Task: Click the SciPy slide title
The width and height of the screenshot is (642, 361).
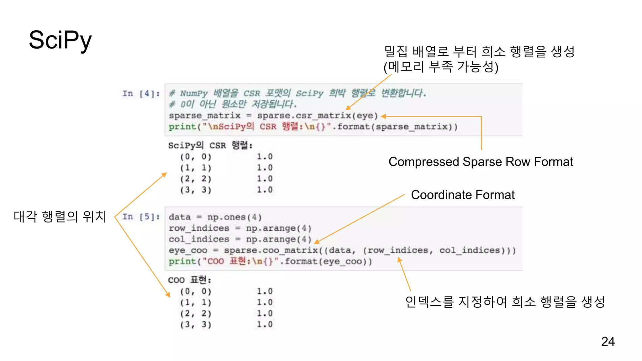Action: tap(60, 40)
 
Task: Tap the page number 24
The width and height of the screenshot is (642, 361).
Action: tap(608, 341)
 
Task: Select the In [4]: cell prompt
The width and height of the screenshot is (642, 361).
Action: tap(141, 93)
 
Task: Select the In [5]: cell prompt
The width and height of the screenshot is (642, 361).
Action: tap(141, 217)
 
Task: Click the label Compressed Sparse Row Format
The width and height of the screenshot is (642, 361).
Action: tap(481, 162)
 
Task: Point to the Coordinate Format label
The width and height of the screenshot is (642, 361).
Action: tap(463, 195)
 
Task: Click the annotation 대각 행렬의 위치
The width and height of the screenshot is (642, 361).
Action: tap(60, 216)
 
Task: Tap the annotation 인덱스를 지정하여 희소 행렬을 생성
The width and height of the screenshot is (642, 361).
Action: tap(505, 301)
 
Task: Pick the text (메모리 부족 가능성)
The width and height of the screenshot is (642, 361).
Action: tap(441, 66)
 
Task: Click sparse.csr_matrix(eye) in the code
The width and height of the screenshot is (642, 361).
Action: tap(317, 116)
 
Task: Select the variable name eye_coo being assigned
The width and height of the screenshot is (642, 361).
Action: tap(188, 250)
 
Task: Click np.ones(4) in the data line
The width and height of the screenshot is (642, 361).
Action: tap(234, 217)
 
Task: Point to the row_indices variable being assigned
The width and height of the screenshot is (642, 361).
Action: tap(199, 228)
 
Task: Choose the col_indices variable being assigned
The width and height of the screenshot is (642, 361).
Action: tap(199, 239)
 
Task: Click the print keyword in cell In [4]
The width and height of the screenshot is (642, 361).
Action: tap(182, 127)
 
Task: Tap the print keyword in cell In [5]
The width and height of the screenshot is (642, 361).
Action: tap(182, 261)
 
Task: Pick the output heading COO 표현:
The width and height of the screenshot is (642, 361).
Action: tap(189, 280)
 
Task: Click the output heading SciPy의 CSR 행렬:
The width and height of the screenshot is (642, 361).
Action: tap(210, 145)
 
